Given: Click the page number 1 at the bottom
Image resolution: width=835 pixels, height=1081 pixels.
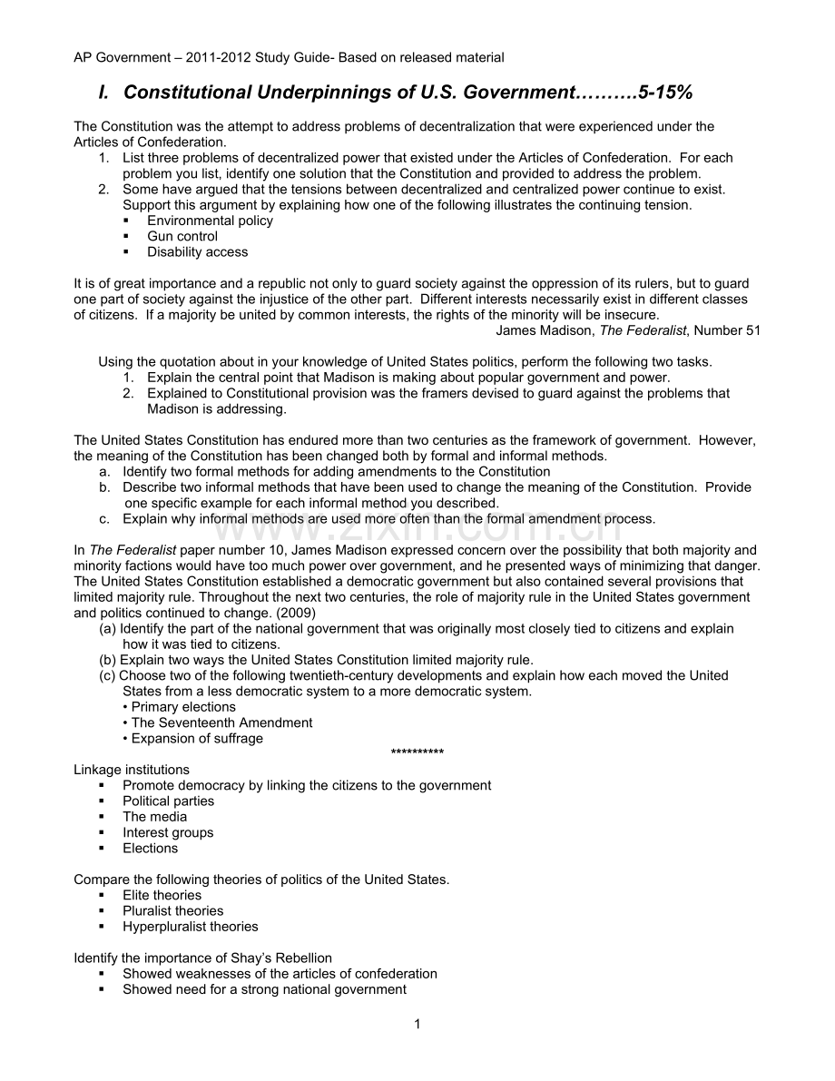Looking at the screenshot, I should point(417,1025).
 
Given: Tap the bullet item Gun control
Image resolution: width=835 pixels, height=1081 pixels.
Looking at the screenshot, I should point(182,236).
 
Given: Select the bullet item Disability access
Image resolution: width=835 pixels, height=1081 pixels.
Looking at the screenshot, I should point(197,251).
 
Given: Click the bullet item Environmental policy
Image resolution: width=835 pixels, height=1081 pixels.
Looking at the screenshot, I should point(210,221).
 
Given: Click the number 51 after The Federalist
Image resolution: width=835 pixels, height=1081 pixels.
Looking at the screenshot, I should point(752,330).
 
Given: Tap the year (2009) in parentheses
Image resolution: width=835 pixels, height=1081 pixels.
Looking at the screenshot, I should point(293,613).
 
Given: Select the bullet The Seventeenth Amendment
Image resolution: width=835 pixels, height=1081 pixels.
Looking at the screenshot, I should point(221,722).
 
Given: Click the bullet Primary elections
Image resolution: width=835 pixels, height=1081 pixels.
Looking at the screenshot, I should point(183,707).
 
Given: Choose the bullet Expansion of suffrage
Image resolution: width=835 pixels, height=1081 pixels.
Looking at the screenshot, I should point(197,738).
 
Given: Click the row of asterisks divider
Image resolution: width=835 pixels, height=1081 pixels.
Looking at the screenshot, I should point(417,753).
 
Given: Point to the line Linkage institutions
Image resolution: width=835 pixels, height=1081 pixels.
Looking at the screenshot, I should point(132,770).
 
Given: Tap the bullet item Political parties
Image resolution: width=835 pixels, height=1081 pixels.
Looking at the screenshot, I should point(169,801).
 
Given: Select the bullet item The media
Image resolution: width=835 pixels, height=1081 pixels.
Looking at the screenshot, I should point(155,817).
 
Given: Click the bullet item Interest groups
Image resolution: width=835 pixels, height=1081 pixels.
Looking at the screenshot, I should point(168,832).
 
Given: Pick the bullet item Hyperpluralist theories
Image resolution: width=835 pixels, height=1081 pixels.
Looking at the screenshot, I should point(191,927).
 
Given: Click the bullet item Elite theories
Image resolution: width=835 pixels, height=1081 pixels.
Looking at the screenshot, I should point(162,895).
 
